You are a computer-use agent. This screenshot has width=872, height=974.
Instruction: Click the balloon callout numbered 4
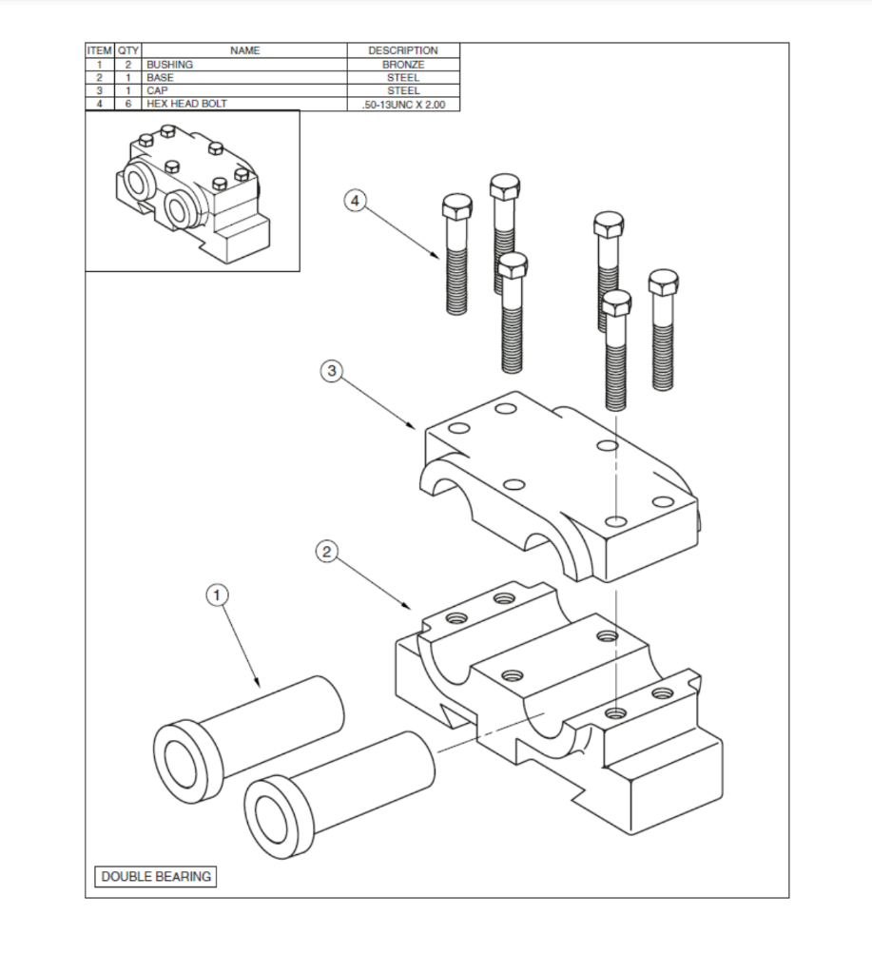click(355, 201)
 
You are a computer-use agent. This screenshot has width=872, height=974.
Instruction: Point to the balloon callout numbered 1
click(218, 595)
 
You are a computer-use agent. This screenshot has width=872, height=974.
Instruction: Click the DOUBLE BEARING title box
click(156, 876)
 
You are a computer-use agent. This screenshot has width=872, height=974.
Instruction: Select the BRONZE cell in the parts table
click(403, 64)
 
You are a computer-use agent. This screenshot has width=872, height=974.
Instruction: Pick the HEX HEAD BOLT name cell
click(186, 104)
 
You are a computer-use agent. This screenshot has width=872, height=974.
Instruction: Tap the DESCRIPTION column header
click(403, 50)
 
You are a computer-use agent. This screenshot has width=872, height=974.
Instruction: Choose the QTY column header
click(129, 50)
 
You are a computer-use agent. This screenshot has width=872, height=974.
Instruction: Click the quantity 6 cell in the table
click(129, 104)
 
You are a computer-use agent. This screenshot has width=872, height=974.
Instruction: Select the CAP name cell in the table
click(157, 90)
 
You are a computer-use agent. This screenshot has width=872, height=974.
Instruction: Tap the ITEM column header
click(100, 50)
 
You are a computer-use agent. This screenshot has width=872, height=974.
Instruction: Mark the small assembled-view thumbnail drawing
click(192, 191)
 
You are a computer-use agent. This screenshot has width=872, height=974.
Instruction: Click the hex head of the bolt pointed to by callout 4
click(455, 207)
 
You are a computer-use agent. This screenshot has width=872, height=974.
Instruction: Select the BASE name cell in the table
click(160, 77)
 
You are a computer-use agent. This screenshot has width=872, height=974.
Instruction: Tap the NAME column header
click(244, 50)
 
